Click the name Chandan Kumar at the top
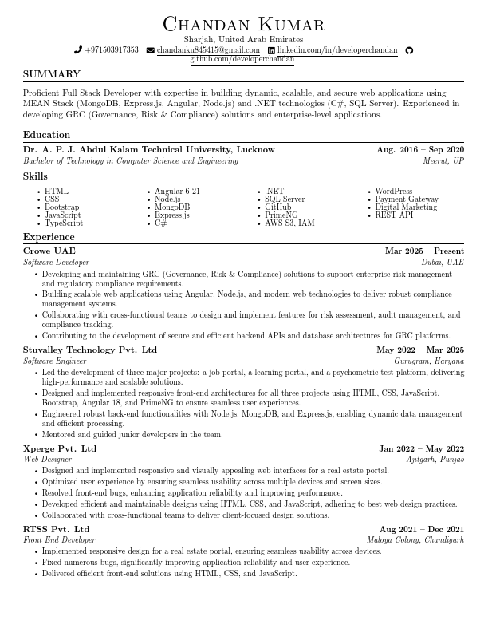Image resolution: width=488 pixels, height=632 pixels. [x=243, y=24]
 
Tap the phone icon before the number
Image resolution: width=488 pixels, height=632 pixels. [x=78, y=50]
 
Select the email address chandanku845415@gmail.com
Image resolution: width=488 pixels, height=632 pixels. [x=208, y=50]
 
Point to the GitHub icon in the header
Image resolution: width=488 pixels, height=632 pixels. [x=410, y=50]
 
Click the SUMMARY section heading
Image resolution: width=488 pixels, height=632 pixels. [x=52, y=74]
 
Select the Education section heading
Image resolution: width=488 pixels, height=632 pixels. [x=46, y=135]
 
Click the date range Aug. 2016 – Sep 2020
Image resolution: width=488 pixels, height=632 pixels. [x=420, y=150]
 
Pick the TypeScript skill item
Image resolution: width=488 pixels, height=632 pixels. [x=64, y=223]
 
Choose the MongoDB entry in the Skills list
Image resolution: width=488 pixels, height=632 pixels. [x=172, y=207]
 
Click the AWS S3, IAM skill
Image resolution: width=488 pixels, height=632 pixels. [x=289, y=223]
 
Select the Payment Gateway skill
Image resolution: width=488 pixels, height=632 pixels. [x=407, y=199]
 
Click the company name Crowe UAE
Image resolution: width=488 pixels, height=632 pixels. [x=49, y=251]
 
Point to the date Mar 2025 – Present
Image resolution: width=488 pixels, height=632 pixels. [x=424, y=251]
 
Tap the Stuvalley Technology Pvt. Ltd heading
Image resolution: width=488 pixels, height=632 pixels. [x=90, y=350]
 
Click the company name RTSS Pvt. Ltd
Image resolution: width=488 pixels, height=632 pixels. [x=57, y=529]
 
